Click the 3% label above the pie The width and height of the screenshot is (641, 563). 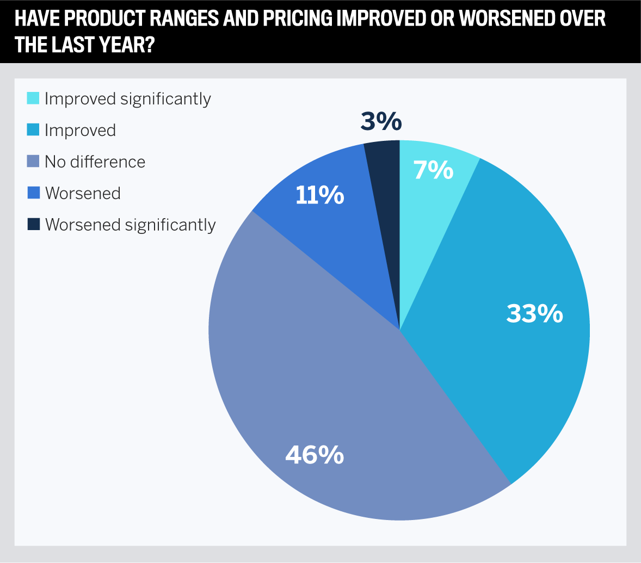tap(381, 122)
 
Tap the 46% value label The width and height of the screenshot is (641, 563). tap(315, 455)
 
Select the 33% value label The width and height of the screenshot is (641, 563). tap(534, 314)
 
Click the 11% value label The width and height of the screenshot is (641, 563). tap(319, 195)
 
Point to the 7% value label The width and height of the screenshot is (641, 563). tap(433, 170)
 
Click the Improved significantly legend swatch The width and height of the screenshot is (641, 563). tap(33, 98)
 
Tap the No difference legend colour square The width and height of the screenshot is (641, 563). tap(33, 162)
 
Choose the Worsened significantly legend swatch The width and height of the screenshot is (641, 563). tap(33, 224)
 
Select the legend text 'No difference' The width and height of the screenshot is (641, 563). tap(95, 162)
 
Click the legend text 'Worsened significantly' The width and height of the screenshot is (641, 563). tap(131, 225)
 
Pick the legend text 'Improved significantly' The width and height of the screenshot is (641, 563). tap(128, 99)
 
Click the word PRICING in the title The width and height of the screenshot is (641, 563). tap(298, 18)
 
